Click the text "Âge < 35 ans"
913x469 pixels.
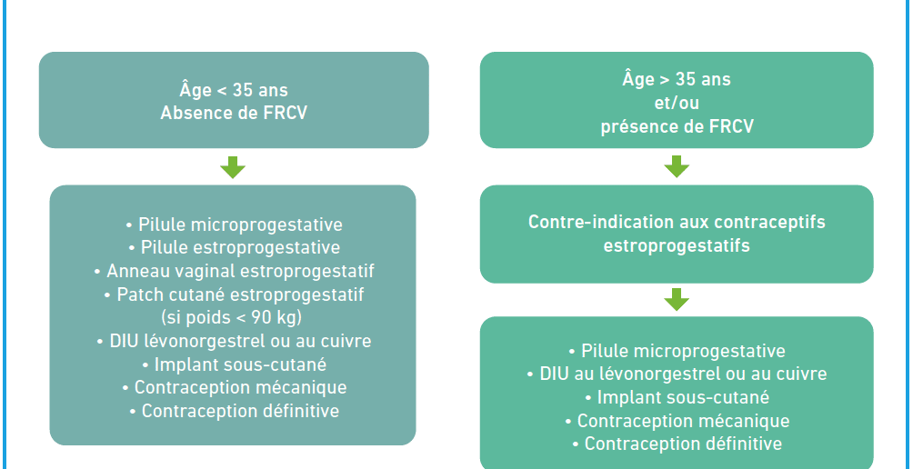point(234,90)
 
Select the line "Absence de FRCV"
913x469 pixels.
point(234,113)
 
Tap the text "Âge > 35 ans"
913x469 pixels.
point(677,78)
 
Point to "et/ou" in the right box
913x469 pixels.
point(677,103)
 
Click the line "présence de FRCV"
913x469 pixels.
point(677,126)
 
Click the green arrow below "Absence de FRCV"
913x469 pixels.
point(233,167)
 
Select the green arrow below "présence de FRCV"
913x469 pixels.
point(677,166)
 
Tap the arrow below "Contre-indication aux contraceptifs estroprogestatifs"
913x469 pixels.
point(677,299)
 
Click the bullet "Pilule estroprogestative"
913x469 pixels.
point(234,247)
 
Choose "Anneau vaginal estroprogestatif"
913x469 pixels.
point(234,271)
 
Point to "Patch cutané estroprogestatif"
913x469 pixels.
point(234,294)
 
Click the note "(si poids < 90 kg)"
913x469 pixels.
point(234,318)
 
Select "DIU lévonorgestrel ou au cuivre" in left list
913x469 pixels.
point(234,341)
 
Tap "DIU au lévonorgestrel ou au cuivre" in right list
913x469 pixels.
point(677,373)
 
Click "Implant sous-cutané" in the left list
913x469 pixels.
point(234,364)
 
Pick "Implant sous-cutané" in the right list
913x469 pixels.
point(677,397)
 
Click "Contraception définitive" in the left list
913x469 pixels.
point(234,411)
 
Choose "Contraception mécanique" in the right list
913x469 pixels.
point(677,420)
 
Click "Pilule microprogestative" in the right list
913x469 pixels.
point(677,351)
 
